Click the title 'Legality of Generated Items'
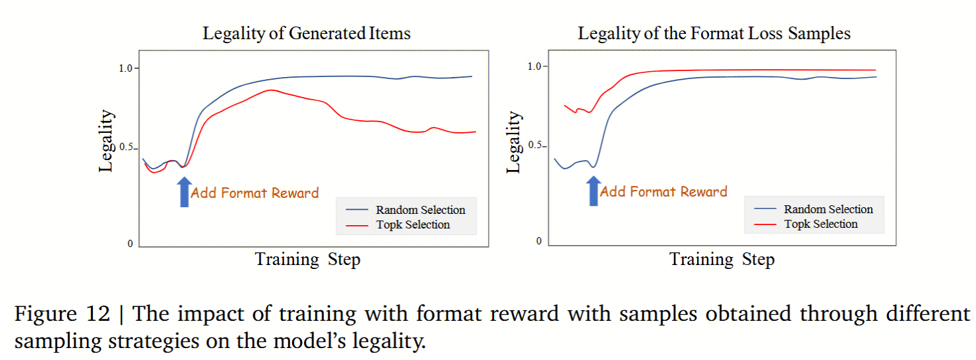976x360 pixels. click(306, 33)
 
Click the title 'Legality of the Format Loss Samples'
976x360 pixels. click(714, 33)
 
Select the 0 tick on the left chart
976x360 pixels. click(130, 244)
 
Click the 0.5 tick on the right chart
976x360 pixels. click(534, 145)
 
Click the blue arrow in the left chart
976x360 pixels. click(185, 191)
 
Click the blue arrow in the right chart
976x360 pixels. click(594, 191)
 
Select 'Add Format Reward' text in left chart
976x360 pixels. click(254, 193)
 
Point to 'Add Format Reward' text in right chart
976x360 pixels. click(663, 192)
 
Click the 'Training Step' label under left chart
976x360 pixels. click(307, 259)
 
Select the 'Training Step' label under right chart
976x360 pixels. click(722, 259)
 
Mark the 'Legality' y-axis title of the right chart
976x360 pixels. click(513, 142)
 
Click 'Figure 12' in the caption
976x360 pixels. click(62, 314)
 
